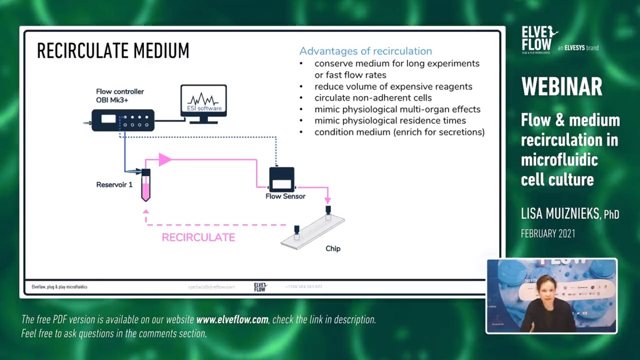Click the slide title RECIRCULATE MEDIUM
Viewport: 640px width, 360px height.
(x=113, y=51)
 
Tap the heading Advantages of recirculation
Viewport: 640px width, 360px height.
(x=365, y=51)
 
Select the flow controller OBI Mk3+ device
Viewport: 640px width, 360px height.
(x=123, y=119)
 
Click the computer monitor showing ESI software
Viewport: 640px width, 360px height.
(x=203, y=102)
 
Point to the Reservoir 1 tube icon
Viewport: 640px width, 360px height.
(x=146, y=184)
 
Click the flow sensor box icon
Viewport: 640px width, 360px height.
(x=282, y=180)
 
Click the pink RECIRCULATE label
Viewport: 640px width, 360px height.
(x=198, y=237)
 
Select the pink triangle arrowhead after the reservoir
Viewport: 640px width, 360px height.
(x=165, y=159)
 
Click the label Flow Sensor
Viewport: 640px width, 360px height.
(x=285, y=196)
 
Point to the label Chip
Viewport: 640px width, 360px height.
(x=333, y=249)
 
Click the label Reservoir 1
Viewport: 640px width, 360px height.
(x=114, y=185)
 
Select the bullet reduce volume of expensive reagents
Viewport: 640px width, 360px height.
(x=393, y=86)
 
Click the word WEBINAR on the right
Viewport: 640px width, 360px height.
(x=562, y=87)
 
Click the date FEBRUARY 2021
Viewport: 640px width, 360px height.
(x=548, y=234)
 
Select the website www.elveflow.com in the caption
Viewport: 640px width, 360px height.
(x=233, y=320)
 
